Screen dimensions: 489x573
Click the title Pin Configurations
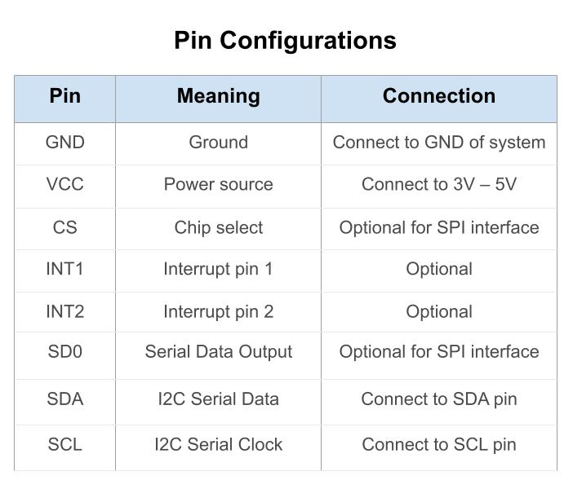tap(285, 41)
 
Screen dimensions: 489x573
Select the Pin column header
tap(64, 96)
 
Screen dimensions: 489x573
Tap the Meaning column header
tap(218, 96)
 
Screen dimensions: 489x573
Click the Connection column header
tap(438, 96)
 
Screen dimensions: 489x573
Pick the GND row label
tap(64, 143)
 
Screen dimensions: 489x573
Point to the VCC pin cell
tap(64, 185)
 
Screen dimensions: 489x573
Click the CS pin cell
tap(64, 227)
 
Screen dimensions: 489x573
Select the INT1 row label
tap(64, 269)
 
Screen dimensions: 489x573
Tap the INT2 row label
tap(64, 311)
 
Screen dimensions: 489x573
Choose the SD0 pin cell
tap(64, 352)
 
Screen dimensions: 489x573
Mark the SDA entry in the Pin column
tap(64, 399)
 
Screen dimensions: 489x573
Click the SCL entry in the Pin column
tap(64, 445)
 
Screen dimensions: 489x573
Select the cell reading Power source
tap(218, 185)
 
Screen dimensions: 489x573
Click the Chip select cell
tap(218, 227)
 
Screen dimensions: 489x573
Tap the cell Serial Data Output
tap(218, 352)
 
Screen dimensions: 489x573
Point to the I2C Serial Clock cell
tap(218, 445)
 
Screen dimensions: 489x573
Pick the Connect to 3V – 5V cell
tap(438, 185)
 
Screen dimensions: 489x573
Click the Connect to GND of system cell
tap(438, 143)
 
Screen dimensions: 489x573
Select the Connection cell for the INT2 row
tap(438, 311)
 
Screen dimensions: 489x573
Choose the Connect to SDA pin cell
tap(438, 399)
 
